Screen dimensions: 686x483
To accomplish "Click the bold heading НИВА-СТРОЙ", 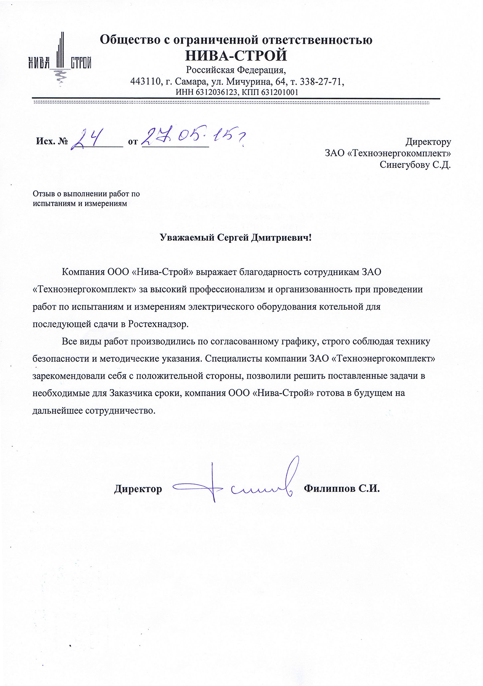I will pyautogui.click(x=236, y=56).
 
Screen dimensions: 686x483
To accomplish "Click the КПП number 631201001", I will pyautogui.click(x=279, y=92).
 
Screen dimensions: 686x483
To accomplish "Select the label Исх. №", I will pyautogui.click(x=52, y=141).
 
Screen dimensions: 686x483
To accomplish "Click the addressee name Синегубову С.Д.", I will pyautogui.click(x=415, y=165).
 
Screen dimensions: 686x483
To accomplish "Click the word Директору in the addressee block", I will pyautogui.click(x=428, y=142).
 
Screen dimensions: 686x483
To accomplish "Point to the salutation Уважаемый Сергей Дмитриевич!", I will pyautogui.click(x=236, y=238).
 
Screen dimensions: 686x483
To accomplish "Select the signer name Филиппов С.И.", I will pyautogui.click(x=342, y=489).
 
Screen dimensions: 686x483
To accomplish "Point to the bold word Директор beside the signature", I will pyautogui.click(x=138, y=489).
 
